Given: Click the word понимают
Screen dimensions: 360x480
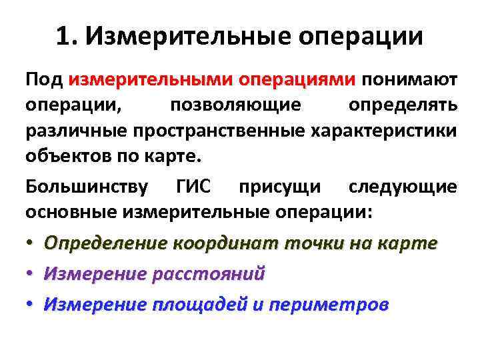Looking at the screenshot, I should (409, 81).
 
